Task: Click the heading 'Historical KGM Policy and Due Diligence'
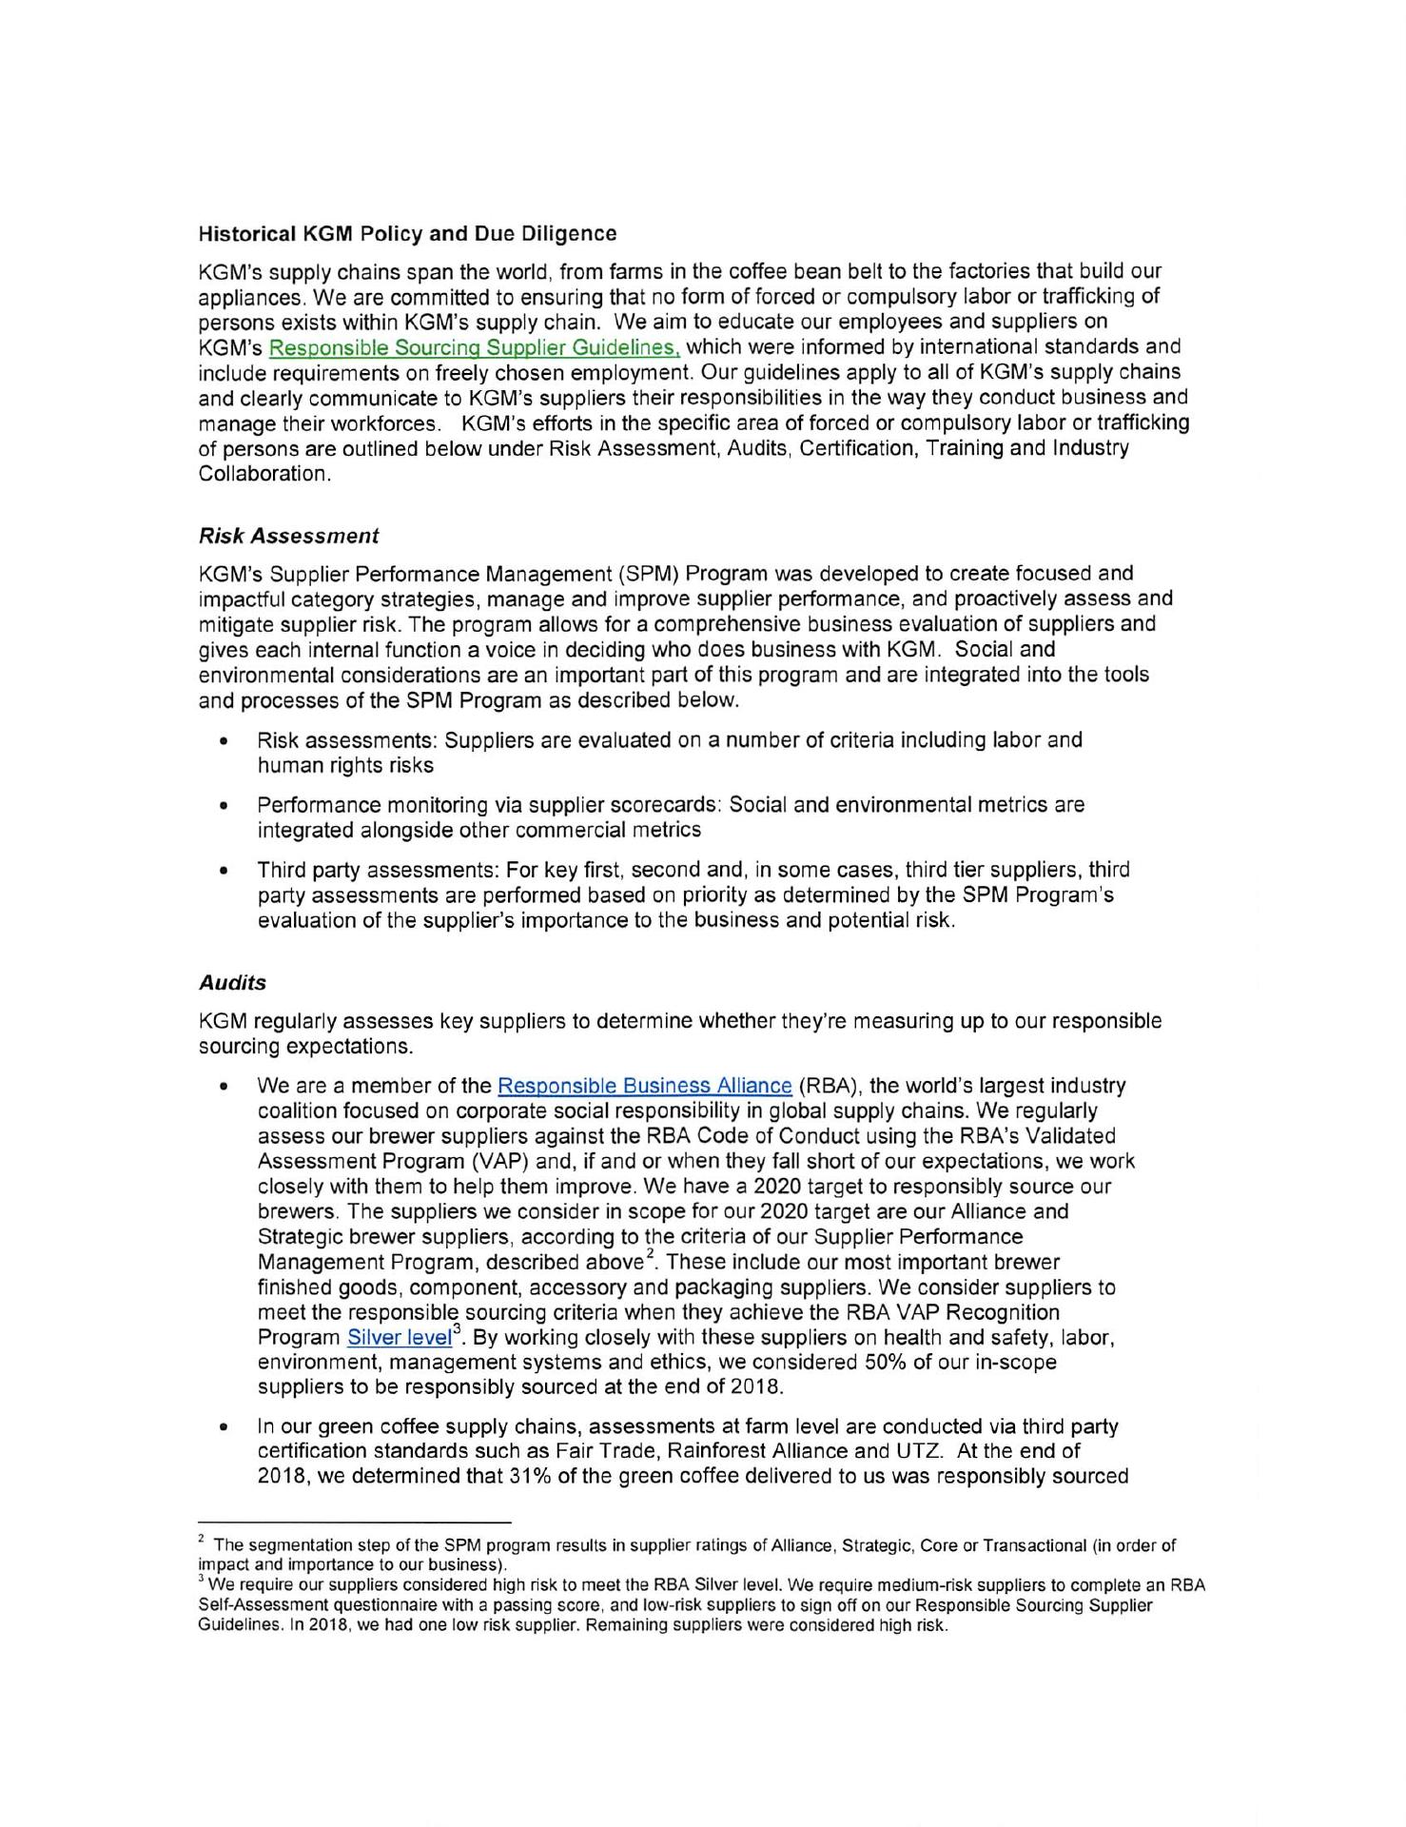pyautogui.click(x=407, y=233)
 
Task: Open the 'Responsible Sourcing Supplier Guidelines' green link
pyautogui.click(x=475, y=347)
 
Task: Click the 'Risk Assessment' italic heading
pyautogui.click(x=288, y=536)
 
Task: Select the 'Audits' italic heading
pyautogui.click(x=232, y=982)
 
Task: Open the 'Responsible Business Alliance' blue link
pyautogui.click(x=644, y=1086)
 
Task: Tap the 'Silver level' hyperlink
pyautogui.click(x=399, y=1338)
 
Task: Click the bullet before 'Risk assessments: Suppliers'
pyautogui.click(x=224, y=741)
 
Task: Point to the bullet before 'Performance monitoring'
pyautogui.click(x=224, y=806)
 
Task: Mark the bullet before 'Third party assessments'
pyautogui.click(x=224, y=871)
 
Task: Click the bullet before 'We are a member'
pyautogui.click(x=224, y=1087)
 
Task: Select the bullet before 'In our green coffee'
pyautogui.click(x=224, y=1427)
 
